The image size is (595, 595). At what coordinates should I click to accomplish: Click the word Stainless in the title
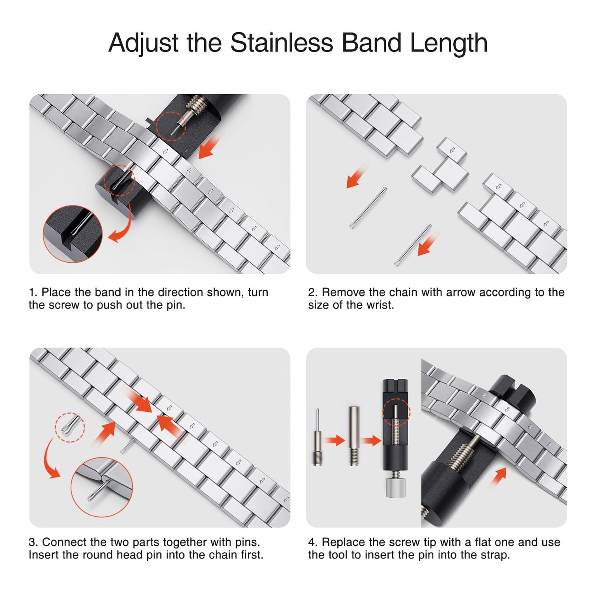282,42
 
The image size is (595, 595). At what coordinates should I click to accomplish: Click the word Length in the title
449,43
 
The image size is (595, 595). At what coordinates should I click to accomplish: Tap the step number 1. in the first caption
33,292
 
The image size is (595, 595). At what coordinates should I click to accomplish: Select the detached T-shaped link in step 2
441,167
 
